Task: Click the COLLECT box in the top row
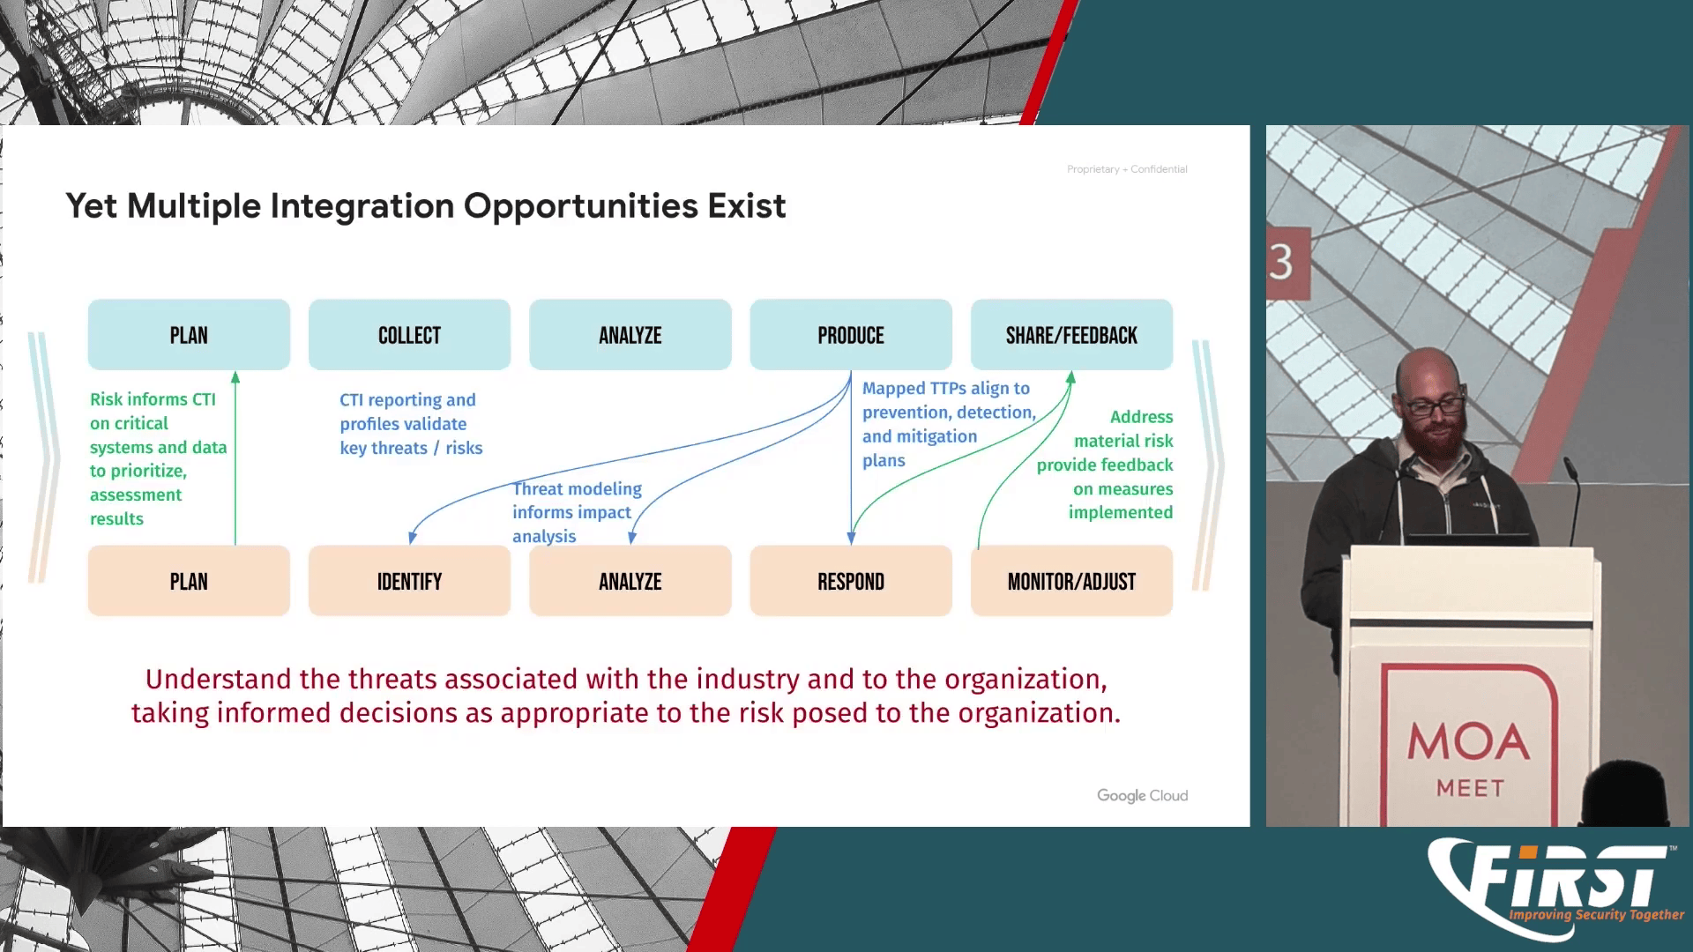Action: click(409, 335)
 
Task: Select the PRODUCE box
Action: click(851, 335)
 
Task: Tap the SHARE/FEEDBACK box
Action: click(1071, 335)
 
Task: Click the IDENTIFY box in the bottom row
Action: click(409, 582)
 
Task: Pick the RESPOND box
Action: click(851, 582)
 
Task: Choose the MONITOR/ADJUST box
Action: click(1071, 582)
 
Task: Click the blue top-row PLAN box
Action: click(189, 335)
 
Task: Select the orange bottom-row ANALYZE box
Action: click(630, 582)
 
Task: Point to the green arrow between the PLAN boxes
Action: click(235, 458)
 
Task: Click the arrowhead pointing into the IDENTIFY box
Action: click(412, 537)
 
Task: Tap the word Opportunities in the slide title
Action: click(581, 206)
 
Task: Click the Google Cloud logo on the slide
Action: click(1142, 795)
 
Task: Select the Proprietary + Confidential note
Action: click(1127, 169)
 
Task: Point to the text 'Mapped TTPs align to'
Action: click(945, 389)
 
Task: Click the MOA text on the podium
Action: click(1468, 742)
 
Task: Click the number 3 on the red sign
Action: click(1281, 263)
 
